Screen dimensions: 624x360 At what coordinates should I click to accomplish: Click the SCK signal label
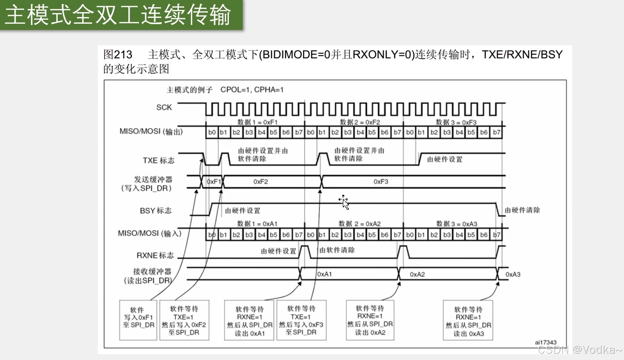point(164,107)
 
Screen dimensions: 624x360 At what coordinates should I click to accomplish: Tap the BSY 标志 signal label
point(155,210)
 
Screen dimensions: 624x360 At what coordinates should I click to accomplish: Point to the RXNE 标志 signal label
point(155,255)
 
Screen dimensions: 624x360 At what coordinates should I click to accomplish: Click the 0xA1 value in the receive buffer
point(325,274)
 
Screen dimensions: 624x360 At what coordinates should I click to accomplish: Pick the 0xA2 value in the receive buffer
point(417,274)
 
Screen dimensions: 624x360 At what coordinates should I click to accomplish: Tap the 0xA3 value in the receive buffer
point(513,274)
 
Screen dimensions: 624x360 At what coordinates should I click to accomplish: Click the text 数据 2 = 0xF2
point(360,122)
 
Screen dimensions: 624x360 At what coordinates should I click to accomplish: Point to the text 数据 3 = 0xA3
point(457,224)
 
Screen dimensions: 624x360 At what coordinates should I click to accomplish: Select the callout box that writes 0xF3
point(301,320)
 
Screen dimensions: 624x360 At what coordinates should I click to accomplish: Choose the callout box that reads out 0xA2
point(370,320)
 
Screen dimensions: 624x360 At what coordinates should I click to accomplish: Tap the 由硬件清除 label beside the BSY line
point(522,210)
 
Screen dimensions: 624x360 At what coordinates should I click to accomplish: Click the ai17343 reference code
point(545,342)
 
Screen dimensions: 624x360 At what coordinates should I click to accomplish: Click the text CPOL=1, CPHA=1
point(252,89)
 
